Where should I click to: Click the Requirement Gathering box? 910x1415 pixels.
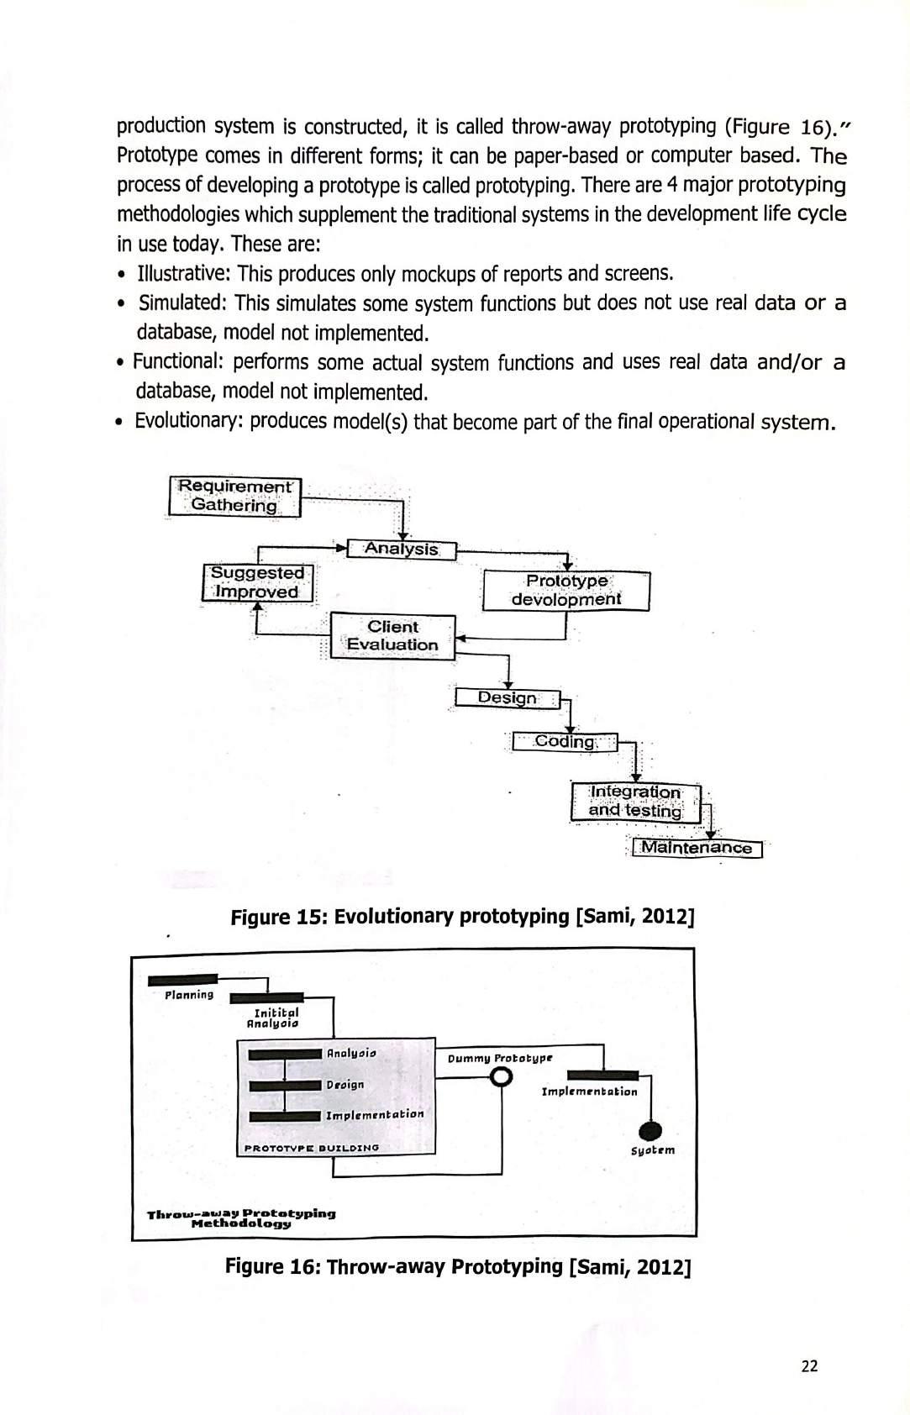pyautogui.click(x=234, y=496)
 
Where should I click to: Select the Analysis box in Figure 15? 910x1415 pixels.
pyautogui.click(x=402, y=550)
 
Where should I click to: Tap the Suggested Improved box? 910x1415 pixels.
pyautogui.click(x=257, y=582)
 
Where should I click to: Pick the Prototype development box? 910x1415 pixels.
pyautogui.click(x=565, y=590)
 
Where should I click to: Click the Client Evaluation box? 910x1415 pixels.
pyautogui.click(x=392, y=636)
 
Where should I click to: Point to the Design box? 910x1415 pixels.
pyautogui.click(x=507, y=698)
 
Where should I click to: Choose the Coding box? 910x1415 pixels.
pyautogui.click(x=565, y=742)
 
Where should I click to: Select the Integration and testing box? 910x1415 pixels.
pyautogui.click(x=635, y=802)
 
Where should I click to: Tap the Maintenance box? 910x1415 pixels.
pyautogui.click(x=696, y=848)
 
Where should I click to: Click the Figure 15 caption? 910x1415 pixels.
pyautogui.click(x=462, y=916)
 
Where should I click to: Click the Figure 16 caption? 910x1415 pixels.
pyautogui.click(x=458, y=1266)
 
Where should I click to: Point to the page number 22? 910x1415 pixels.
pyautogui.click(x=809, y=1366)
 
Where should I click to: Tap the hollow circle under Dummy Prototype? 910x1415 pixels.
pyautogui.click(x=502, y=1077)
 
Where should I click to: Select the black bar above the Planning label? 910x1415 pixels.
pyautogui.click(x=182, y=980)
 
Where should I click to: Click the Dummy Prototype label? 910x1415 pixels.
pyautogui.click(x=500, y=1058)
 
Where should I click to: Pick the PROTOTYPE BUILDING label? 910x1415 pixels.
pyautogui.click(x=311, y=1147)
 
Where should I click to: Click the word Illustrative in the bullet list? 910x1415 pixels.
pyautogui.click(x=185, y=274)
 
